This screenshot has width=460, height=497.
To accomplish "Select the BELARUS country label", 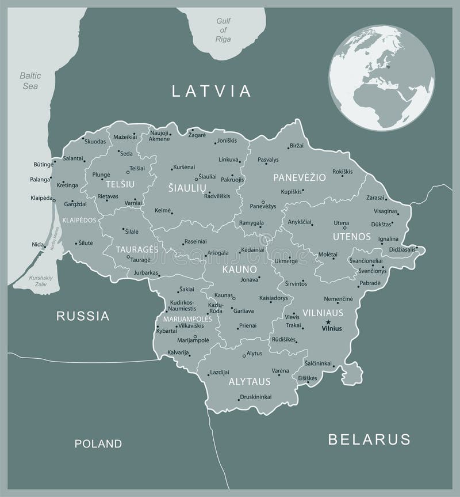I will [x=369, y=439].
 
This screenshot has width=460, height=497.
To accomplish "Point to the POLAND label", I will [x=98, y=443].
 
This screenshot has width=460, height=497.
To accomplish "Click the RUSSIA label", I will [x=83, y=315].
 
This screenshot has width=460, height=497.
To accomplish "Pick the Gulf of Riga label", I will [x=223, y=30].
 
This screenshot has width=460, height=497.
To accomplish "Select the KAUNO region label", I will [x=240, y=269].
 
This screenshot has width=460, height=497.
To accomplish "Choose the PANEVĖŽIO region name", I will [x=299, y=177].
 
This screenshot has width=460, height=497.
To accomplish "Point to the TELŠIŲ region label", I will [x=120, y=184].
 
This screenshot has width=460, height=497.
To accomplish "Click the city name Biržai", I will [x=296, y=146].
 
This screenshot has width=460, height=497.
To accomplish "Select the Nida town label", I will [x=37, y=245].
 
